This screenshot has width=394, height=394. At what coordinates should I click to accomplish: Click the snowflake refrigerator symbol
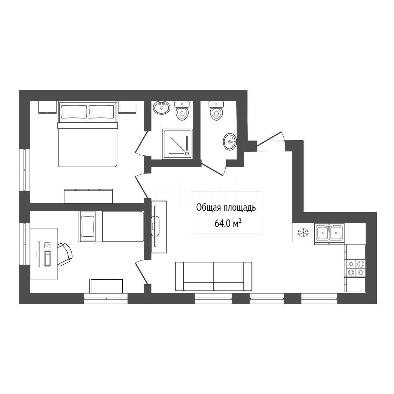click(303, 232)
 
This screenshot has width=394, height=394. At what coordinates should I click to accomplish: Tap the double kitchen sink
click(329, 233)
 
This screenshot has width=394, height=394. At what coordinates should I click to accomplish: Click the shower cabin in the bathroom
click(177, 144)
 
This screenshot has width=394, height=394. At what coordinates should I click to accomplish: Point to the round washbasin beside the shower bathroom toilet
click(161, 108)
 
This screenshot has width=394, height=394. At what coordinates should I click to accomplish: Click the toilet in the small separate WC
click(216, 110)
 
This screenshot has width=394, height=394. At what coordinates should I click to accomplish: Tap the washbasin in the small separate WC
click(230, 142)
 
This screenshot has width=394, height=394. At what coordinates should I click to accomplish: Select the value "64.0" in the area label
click(222, 223)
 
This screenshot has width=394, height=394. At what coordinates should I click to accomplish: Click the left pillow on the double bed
click(74, 111)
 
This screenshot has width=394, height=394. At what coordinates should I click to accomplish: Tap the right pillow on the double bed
click(101, 111)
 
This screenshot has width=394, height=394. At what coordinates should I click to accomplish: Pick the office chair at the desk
click(65, 254)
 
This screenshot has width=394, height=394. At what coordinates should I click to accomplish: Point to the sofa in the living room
click(213, 277)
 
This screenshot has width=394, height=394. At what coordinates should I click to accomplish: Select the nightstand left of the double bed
click(47, 107)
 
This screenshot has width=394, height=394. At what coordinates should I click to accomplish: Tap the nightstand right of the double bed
click(127, 107)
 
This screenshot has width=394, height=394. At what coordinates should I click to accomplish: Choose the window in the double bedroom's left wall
click(25, 170)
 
